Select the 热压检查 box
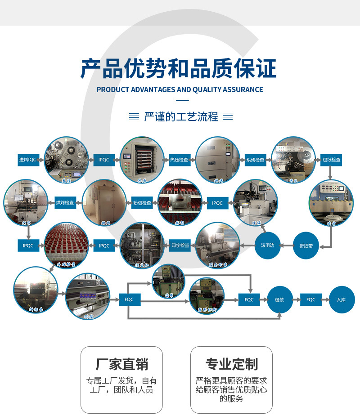[x=180, y=160]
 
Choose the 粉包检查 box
[x=142, y=203]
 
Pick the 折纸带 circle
[x=309, y=246]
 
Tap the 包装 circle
[x=280, y=299]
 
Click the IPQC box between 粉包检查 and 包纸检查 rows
[x=217, y=203]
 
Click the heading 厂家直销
[x=121, y=364]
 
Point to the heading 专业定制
[x=231, y=364]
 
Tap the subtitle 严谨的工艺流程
[x=181, y=117]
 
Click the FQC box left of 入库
[x=311, y=299]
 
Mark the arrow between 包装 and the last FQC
[x=297, y=299]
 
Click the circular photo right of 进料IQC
[x=67, y=160]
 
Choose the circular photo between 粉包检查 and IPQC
[x=180, y=203]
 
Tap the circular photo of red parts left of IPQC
[x=66, y=246]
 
